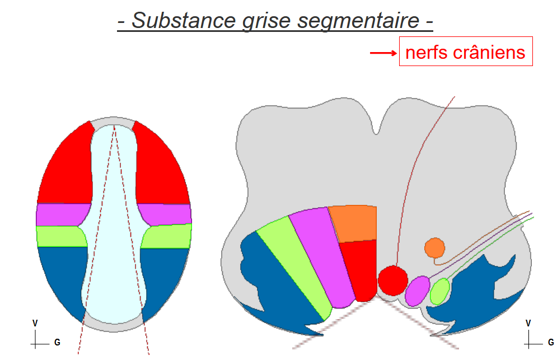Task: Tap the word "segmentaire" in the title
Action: [359, 21]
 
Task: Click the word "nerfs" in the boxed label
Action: [423, 53]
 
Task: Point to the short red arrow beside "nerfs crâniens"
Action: [383, 53]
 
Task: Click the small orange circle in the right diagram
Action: [434, 247]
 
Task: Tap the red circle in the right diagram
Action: [392, 279]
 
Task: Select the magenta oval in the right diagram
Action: [417, 291]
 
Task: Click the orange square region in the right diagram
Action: [353, 223]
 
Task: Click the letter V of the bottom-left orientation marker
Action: [35, 323]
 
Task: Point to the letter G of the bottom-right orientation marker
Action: [551, 342]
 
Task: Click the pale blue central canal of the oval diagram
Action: [114, 224]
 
